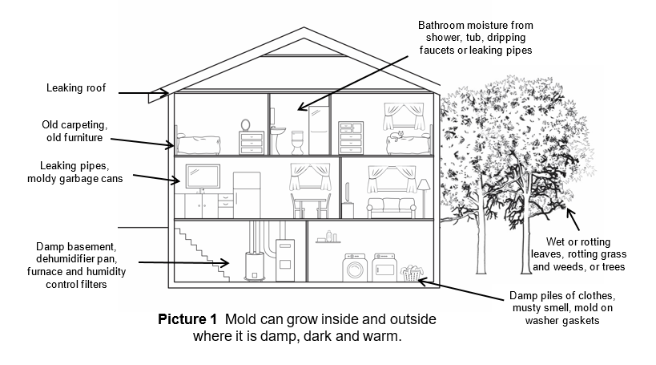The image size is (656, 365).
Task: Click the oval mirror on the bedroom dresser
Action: tap(246, 125)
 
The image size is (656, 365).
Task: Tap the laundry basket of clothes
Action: tap(412, 273)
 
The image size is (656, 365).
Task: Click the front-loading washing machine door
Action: tap(353, 270)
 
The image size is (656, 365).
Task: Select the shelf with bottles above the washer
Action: tap(328, 240)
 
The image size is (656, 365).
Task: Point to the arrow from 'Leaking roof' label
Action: tap(144, 93)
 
